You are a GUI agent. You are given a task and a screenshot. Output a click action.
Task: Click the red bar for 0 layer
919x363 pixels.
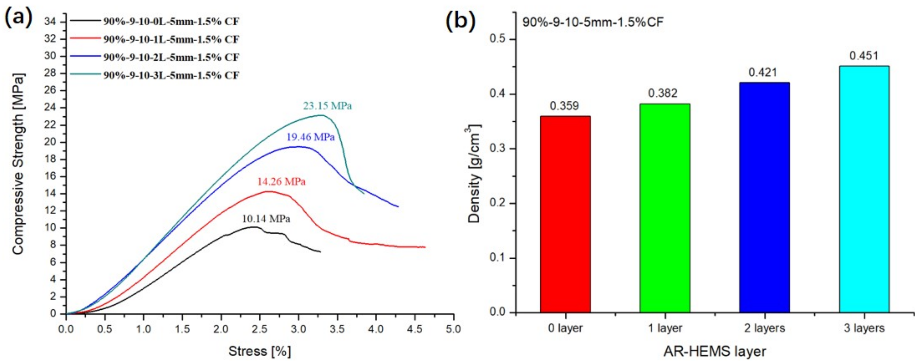[565, 214]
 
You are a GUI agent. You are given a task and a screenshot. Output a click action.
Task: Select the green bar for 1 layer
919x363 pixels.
[665, 208]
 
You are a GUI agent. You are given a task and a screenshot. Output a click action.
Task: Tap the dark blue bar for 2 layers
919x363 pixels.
[764, 197]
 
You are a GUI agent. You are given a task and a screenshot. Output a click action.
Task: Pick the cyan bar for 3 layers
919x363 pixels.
[864, 189]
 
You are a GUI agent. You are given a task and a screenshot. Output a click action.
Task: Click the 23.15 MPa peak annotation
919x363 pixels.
[327, 106]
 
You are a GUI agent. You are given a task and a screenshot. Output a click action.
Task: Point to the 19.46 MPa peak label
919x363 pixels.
[310, 137]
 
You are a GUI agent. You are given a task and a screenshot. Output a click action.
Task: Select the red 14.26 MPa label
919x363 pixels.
[281, 182]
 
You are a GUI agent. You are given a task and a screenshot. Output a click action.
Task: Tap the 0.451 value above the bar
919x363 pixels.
[864, 56]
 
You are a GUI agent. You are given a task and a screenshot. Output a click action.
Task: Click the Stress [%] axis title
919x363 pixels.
[259, 351]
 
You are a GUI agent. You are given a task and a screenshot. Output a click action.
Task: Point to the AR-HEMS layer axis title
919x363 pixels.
[714, 351]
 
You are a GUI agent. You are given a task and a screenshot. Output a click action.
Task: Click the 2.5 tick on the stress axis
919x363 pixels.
[260, 329]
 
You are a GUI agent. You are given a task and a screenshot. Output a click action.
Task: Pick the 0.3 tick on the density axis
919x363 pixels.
[498, 149]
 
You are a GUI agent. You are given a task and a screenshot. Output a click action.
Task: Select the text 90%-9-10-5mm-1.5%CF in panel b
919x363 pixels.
[593, 22]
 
